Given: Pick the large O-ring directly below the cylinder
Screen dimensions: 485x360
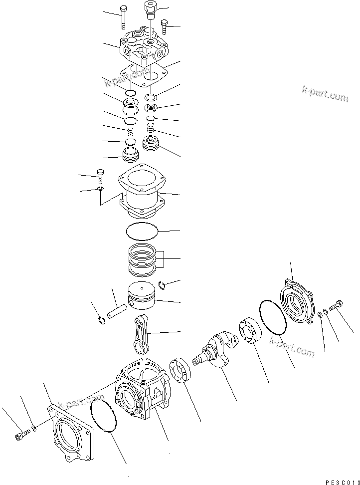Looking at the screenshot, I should click(142, 232).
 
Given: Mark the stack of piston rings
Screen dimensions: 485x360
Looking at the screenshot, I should click(144, 260).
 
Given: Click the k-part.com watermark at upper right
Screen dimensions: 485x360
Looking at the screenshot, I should click(325, 94).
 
